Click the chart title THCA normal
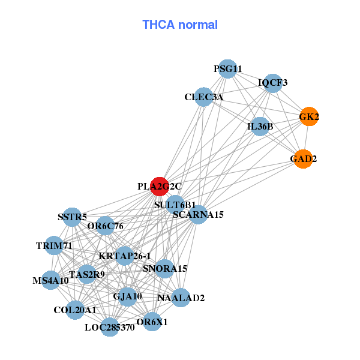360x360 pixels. point(179,25)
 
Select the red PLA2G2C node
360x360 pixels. point(160,187)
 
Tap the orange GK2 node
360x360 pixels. point(309,117)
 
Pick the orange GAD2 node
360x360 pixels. point(303,159)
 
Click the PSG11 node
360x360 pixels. point(227,69)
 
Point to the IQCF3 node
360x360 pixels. point(273,83)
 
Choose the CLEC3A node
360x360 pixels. point(203,97)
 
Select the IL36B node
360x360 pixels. point(260,127)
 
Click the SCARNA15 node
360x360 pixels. point(198,214)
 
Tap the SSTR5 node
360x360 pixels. point(73,217)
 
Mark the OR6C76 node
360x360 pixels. point(105,226)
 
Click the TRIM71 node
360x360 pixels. point(54,246)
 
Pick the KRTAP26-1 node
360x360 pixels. point(124,256)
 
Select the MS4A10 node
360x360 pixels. point(50,280)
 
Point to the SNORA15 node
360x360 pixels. point(165,269)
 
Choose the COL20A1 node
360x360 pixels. point(75,310)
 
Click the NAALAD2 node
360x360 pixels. point(181,298)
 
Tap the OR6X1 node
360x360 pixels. point(152,322)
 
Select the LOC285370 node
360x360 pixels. point(109,327)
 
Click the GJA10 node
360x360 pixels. point(127,296)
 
